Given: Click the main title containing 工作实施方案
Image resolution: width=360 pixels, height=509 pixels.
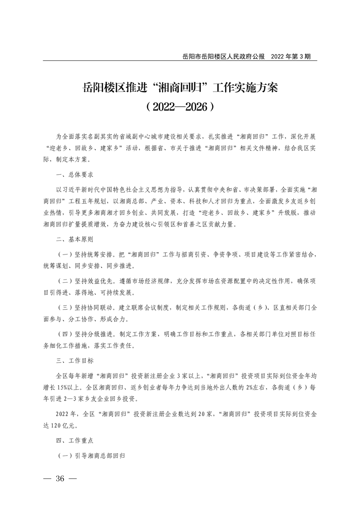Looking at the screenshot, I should pyautogui.click(x=180, y=87).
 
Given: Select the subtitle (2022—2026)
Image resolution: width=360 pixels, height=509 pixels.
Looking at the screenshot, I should pyautogui.click(x=180, y=107).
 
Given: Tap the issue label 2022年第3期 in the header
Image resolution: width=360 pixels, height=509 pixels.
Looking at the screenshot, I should pyautogui.click(x=291, y=57).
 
